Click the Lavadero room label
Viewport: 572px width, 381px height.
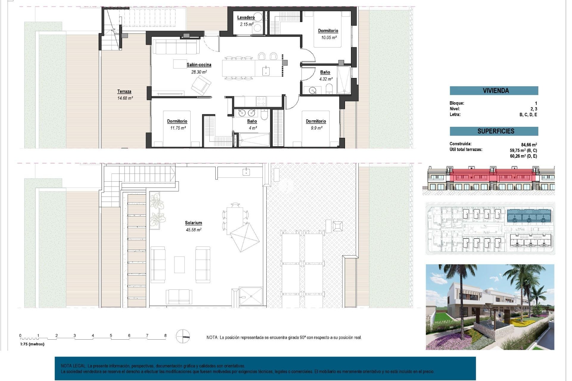coord(246,18)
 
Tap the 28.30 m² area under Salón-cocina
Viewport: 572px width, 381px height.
coord(199,72)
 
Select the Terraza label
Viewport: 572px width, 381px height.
coord(124,91)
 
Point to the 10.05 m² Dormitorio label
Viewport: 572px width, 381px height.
coord(328,31)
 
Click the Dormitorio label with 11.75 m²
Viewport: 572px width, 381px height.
coord(177,121)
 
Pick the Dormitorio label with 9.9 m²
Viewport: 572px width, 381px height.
coord(316,121)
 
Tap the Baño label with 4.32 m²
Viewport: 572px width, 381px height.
coord(325,72)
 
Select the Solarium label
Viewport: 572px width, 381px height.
coord(193,223)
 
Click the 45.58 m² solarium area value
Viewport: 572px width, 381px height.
coord(193,230)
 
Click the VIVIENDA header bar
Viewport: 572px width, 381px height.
coord(494,90)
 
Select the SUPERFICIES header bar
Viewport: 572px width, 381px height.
coord(494,131)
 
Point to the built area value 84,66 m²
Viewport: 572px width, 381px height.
coord(529,145)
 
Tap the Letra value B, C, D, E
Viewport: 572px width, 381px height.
coord(528,115)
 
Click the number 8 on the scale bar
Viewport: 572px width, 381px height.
coord(165,335)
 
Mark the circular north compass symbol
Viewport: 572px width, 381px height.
coord(183,337)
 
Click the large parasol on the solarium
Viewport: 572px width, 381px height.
coord(245,238)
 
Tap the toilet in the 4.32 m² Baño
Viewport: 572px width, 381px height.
coord(329,88)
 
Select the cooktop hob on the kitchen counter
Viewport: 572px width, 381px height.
coord(261,101)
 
